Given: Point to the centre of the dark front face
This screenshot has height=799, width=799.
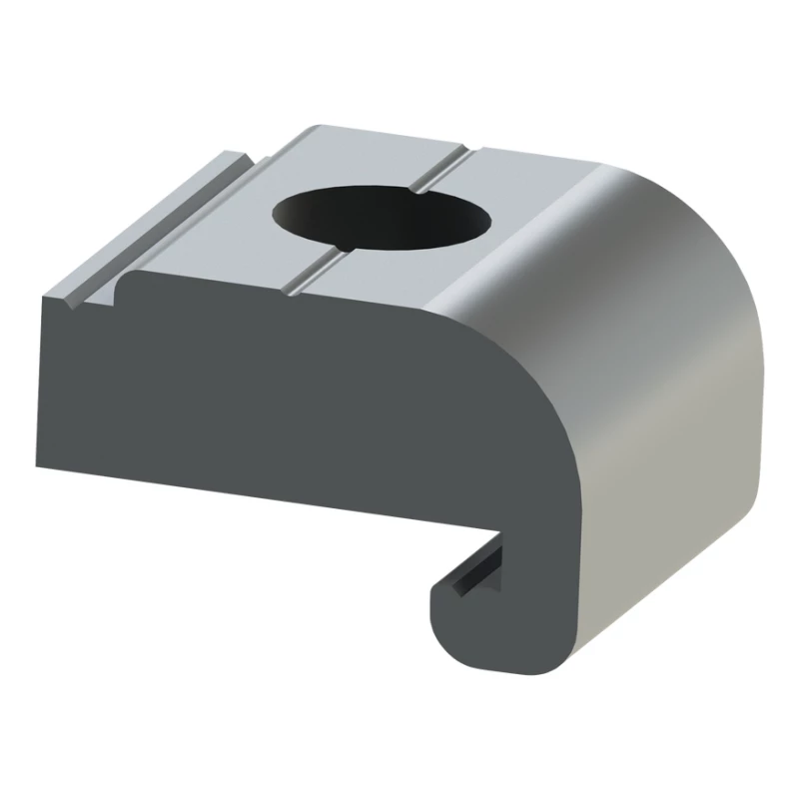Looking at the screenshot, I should pos(300,399).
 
